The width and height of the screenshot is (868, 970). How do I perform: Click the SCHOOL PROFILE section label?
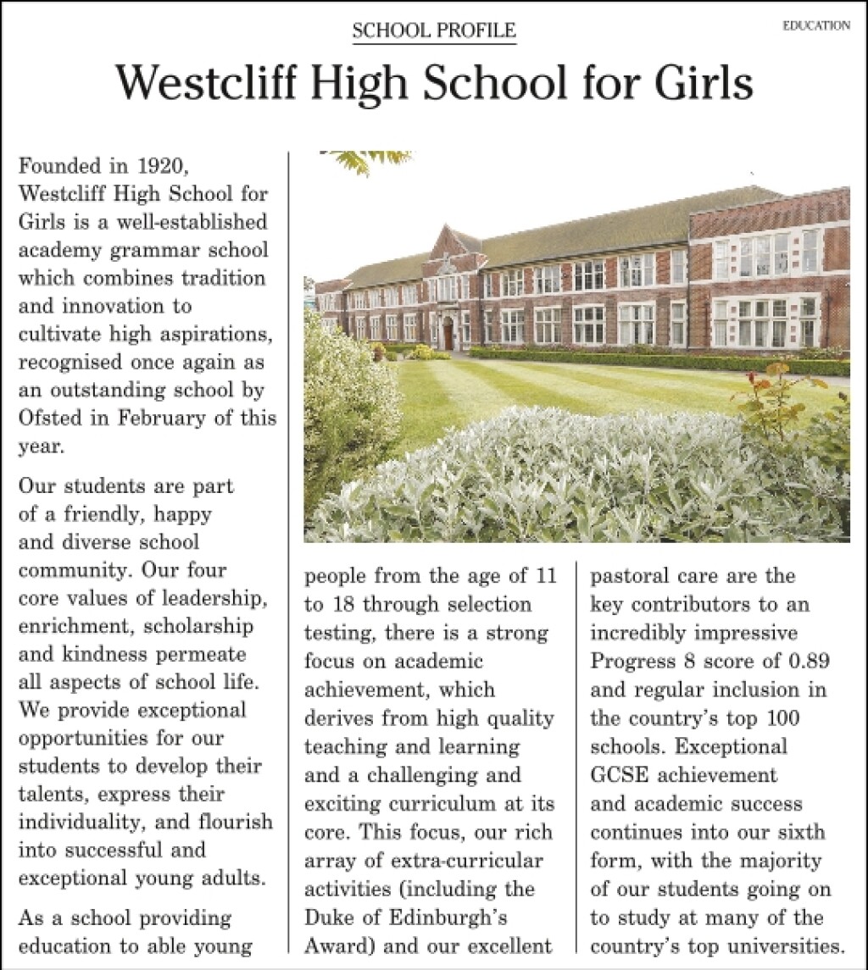pos(434,31)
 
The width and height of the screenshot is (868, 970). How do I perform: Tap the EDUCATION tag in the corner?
pos(816,26)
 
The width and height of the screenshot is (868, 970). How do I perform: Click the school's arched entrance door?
pos(447,335)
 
